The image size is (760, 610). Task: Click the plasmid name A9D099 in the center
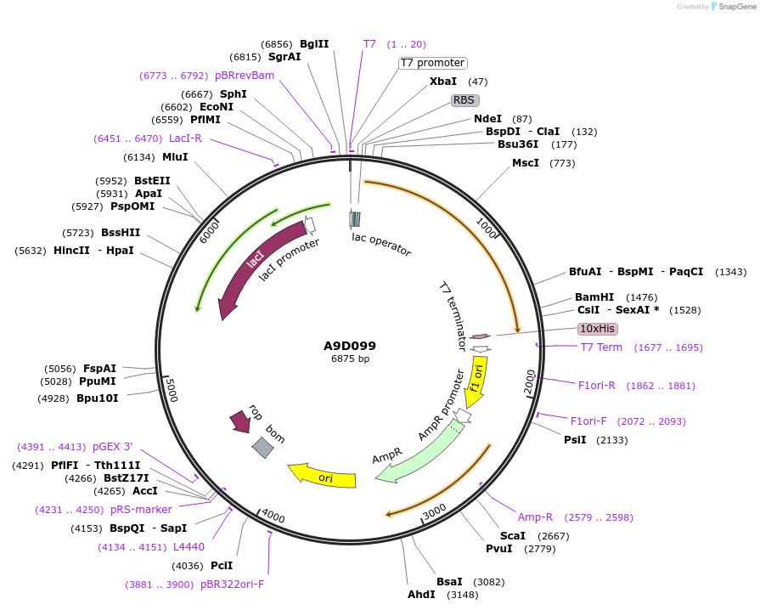pos(349,346)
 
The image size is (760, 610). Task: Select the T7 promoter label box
pos(432,63)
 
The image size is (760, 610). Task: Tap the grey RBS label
pos(464,100)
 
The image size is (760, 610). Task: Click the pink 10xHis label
pos(598,329)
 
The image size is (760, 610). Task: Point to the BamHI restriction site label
pos(594,297)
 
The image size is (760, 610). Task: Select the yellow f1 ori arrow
pos(477,379)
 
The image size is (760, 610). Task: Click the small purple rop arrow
pos(239,421)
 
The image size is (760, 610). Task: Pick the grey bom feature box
pos(262,447)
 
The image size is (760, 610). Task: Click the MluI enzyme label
pos(175,157)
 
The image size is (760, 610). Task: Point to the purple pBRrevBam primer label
pos(245,76)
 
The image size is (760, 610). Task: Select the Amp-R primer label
pos(535,517)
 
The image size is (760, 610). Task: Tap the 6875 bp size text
pos(350,359)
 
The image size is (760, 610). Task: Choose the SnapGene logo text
pos(736,7)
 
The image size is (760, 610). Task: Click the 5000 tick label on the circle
pos(171,392)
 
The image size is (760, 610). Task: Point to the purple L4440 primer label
pos(189,547)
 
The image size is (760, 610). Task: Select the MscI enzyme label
pos(525,163)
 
